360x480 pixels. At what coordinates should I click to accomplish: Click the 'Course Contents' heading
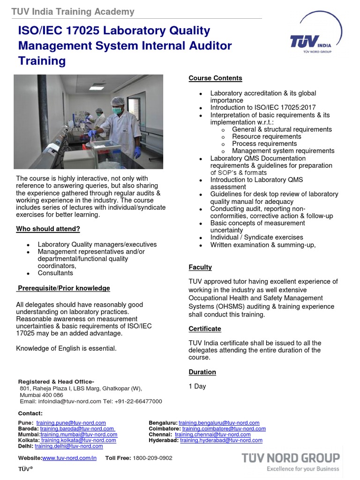(215, 78)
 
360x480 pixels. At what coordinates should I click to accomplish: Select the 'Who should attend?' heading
(48, 229)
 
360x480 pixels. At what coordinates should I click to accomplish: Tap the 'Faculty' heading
(200, 267)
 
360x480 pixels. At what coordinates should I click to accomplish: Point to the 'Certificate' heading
(205, 329)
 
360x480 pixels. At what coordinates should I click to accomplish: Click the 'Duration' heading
(202, 372)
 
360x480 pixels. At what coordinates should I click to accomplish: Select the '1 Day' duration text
(197, 386)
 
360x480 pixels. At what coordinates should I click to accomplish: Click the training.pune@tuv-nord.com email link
(71, 423)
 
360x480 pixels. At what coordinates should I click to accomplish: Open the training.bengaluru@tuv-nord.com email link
(219, 423)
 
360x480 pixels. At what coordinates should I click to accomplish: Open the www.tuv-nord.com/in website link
(69, 458)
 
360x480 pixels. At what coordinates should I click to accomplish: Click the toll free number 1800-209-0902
(152, 458)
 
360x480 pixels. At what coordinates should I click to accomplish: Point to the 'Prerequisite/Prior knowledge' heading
(64, 288)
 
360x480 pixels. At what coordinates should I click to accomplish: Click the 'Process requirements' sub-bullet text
(264, 143)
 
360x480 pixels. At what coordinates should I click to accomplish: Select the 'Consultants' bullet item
(55, 273)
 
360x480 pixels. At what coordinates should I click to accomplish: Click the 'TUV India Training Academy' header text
(73, 12)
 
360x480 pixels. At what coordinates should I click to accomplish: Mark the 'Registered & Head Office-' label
(56, 381)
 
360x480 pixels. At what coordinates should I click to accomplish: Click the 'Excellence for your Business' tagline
(303, 468)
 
